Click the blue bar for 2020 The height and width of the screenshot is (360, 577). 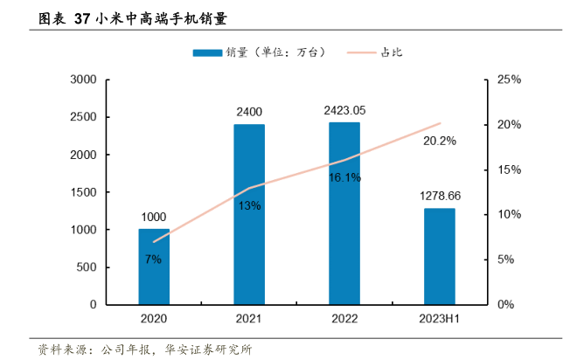click(154, 267)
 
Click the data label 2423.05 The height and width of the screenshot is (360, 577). click(344, 111)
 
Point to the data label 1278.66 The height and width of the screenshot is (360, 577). click(440, 197)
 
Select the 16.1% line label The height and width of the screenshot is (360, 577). click(344, 177)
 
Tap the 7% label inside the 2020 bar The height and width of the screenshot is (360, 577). click(154, 260)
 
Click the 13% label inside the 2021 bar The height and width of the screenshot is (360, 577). click(249, 205)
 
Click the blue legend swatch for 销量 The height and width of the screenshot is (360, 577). click(207, 52)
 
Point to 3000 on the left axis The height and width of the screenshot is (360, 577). click(83, 80)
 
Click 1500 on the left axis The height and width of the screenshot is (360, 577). click(83, 192)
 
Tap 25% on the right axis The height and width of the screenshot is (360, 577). click(509, 80)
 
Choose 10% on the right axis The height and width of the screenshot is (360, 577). click(509, 215)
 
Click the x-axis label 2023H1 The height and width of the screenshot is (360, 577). click(440, 321)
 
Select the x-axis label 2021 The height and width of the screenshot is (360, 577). click(249, 321)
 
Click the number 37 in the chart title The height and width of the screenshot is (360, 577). click(83, 17)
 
